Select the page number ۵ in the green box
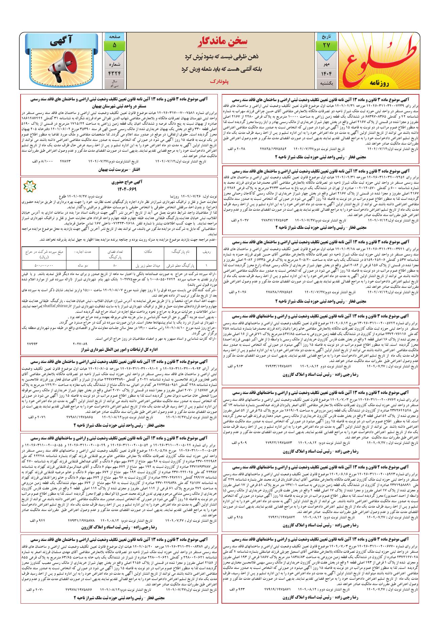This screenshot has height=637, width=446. (x=114, y=45)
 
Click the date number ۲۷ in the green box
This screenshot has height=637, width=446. (x=326, y=45)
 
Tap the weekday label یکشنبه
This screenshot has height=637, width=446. (x=326, y=83)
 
